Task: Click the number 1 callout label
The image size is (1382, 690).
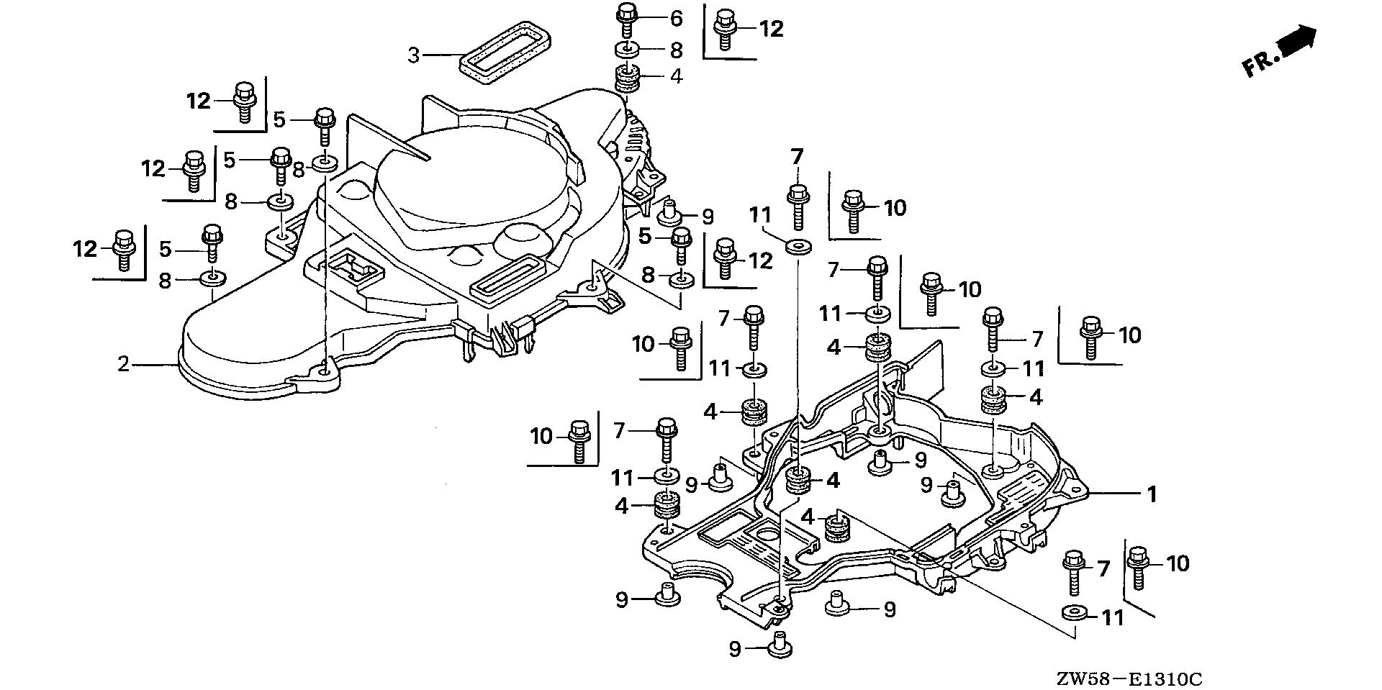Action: pos(1151,494)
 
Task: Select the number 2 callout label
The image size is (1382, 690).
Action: pos(124,364)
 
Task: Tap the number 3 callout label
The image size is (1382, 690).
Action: pos(413,55)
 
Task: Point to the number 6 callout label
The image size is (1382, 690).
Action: pos(676,18)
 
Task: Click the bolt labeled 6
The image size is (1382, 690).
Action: pos(625,19)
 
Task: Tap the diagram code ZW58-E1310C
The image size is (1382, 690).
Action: pos(1129,678)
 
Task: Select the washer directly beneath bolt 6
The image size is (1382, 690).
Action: pos(627,50)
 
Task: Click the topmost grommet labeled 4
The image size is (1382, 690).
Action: pos(627,77)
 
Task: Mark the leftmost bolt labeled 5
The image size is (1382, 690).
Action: pos(212,242)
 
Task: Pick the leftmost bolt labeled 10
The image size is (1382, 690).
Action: pos(578,439)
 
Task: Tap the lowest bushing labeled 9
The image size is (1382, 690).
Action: pos(778,643)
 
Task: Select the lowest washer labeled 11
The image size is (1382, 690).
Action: pos(1075,614)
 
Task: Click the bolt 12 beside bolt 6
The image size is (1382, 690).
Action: pos(724,29)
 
